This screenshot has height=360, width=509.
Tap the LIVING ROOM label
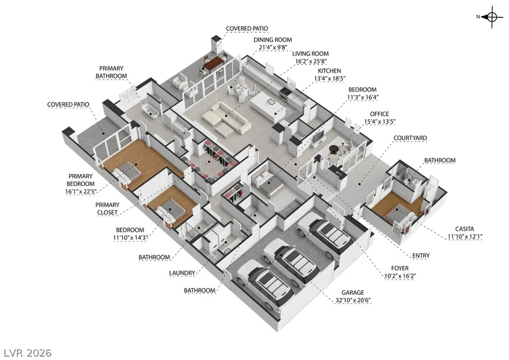(x=310, y=54)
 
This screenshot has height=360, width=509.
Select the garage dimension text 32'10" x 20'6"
(x=353, y=300)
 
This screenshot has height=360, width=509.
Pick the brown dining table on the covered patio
(x=214, y=63)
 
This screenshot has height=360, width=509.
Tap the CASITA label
(x=464, y=229)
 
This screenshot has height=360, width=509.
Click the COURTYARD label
(x=410, y=138)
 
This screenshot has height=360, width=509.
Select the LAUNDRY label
(x=182, y=273)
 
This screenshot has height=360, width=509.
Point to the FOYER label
(x=400, y=269)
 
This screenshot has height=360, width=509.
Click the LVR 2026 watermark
(x=28, y=353)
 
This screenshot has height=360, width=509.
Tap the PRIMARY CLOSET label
(x=107, y=209)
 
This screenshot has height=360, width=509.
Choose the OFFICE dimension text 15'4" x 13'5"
(x=379, y=122)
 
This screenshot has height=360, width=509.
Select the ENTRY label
(x=421, y=256)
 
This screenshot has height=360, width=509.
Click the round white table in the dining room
(x=242, y=88)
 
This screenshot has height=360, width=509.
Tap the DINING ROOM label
(x=273, y=40)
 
